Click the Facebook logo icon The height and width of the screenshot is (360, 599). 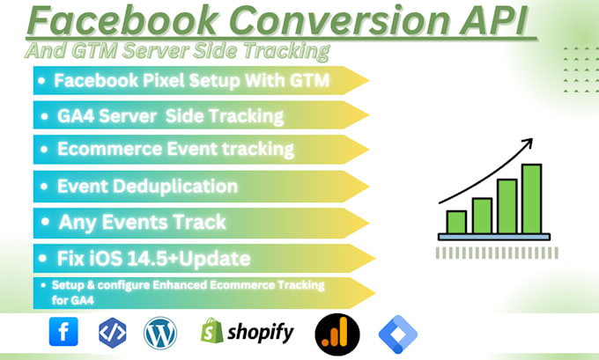tap(63, 332)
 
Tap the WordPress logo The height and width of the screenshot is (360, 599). tap(160, 332)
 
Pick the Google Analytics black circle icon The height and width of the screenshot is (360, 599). tap(335, 332)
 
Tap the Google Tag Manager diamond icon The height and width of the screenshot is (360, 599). tap(397, 332)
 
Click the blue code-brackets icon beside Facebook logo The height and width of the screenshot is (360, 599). tap(112, 332)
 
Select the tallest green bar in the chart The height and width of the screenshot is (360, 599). tap(530, 198)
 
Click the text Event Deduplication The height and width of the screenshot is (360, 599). tap(147, 186)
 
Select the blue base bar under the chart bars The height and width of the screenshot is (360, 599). tap(493, 237)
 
